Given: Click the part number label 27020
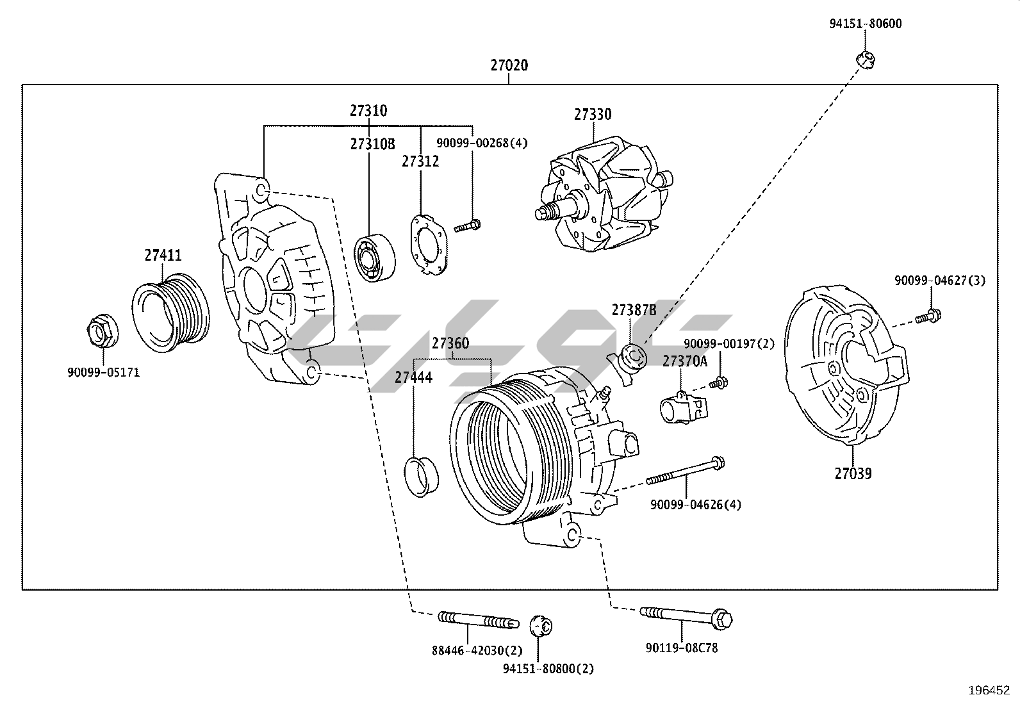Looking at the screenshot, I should click(509, 65).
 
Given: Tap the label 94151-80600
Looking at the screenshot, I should click(865, 24).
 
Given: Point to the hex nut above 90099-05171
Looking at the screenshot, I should click(101, 331).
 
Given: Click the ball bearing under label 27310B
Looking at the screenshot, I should click(375, 258).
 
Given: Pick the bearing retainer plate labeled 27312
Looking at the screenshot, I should click(428, 243).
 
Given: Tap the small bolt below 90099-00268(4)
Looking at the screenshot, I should click(468, 225).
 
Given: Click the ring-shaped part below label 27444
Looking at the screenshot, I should click(421, 476).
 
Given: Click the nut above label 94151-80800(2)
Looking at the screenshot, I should click(541, 625).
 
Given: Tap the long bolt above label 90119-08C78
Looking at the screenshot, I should click(686, 617).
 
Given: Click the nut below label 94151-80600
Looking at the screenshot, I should click(866, 60).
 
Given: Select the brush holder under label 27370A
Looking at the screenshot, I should click(683, 408).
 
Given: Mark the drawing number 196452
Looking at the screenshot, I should click(989, 690).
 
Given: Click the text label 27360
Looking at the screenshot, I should click(450, 343).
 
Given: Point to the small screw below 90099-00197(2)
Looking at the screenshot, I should click(718, 383).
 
